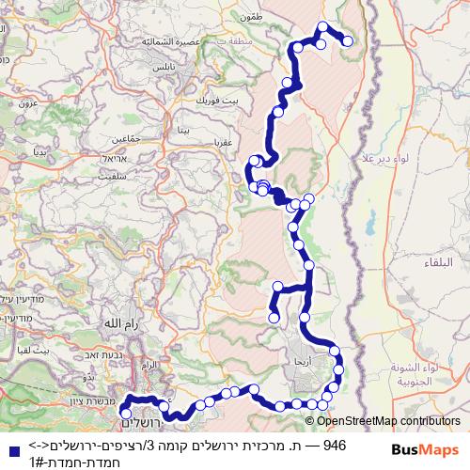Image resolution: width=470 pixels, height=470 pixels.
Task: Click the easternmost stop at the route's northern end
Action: [348, 40]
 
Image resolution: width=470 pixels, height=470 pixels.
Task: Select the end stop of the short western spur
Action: [274, 318]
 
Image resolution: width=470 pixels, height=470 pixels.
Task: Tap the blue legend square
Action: [12, 450]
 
